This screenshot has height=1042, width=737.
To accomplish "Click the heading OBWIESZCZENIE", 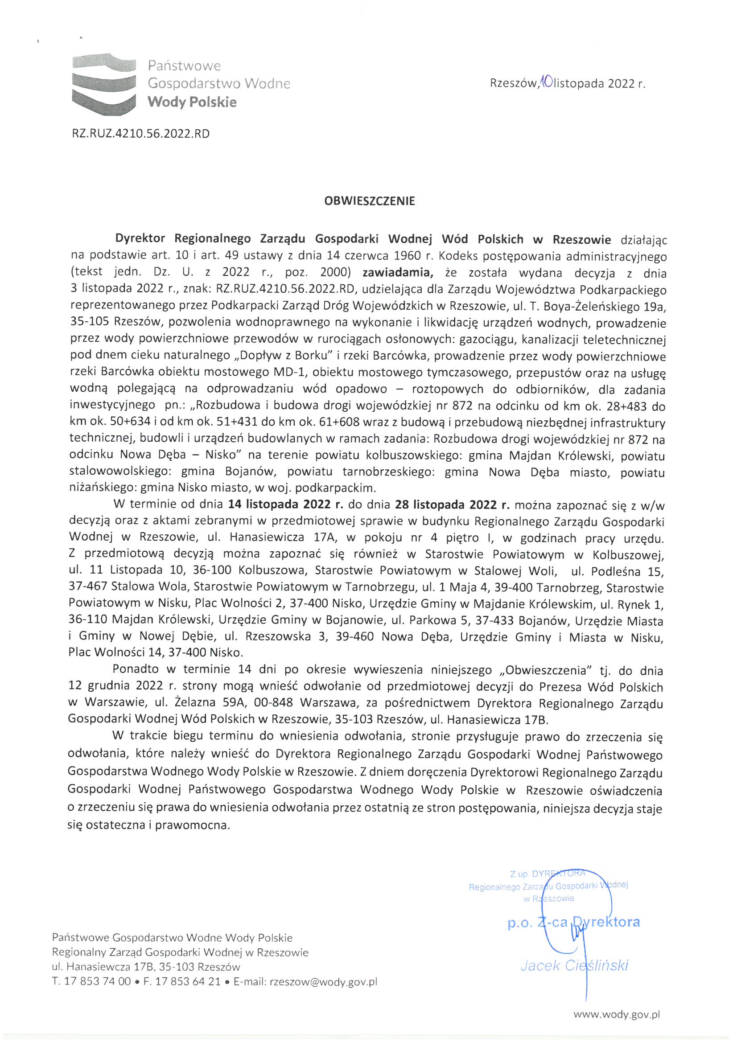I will coord(369,201).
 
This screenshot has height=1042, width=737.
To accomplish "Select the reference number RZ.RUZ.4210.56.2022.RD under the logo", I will coord(141,134).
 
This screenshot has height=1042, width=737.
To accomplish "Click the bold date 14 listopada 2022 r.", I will coord(285,505).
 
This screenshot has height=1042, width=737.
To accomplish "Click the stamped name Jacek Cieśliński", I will coord(574,965).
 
